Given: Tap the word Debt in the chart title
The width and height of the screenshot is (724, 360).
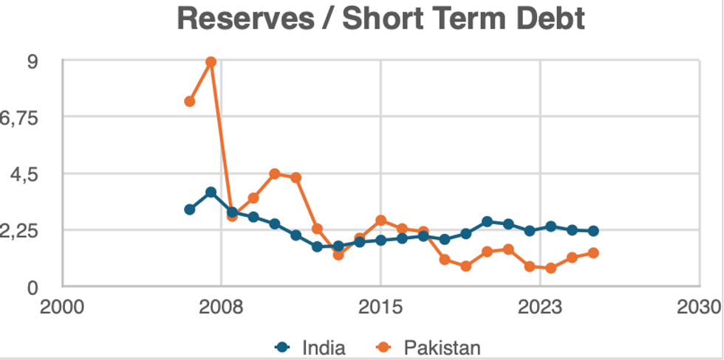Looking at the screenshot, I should pos(547,19).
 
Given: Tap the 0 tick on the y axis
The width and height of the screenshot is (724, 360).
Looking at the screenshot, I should pos(33,287).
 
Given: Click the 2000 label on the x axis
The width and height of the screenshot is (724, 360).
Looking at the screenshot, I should pos(62,306).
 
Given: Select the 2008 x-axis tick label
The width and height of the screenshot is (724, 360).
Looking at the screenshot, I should pos(222,306).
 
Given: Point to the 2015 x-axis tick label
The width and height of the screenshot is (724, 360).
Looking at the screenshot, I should pos(380,306).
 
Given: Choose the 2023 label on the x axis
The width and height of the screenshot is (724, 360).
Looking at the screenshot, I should pos(541,306).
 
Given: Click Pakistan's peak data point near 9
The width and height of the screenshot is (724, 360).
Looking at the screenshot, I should pos(211,62).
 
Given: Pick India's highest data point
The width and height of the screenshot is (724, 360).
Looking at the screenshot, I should pos(211,192).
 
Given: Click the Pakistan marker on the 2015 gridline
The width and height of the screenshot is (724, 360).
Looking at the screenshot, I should pos(380,221).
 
